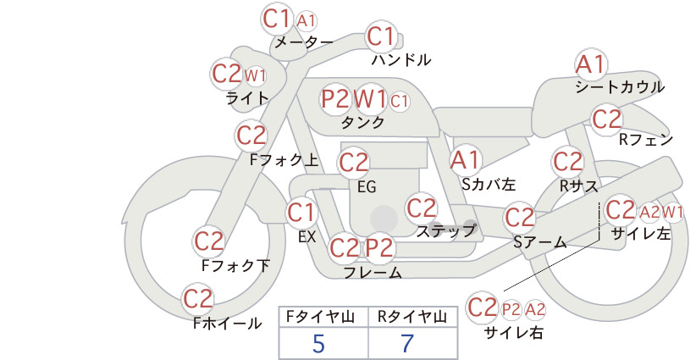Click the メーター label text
point(304,42)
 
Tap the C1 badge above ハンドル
point(381,36)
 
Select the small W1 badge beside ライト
point(255,76)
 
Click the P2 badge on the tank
point(335,98)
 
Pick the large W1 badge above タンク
point(370,98)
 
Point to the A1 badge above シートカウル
point(591,65)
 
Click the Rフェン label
point(646,140)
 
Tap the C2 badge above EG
point(353,163)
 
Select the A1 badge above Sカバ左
point(465,160)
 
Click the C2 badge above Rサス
point(567,162)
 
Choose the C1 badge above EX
point(301,213)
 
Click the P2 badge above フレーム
point(380,247)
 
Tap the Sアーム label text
point(540,242)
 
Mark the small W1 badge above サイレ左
point(672,212)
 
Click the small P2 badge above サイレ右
point(511,309)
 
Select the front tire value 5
point(319,343)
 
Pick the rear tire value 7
point(407,343)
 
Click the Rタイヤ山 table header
point(412,317)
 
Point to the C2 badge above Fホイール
point(197,299)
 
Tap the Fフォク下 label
point(235,265)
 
